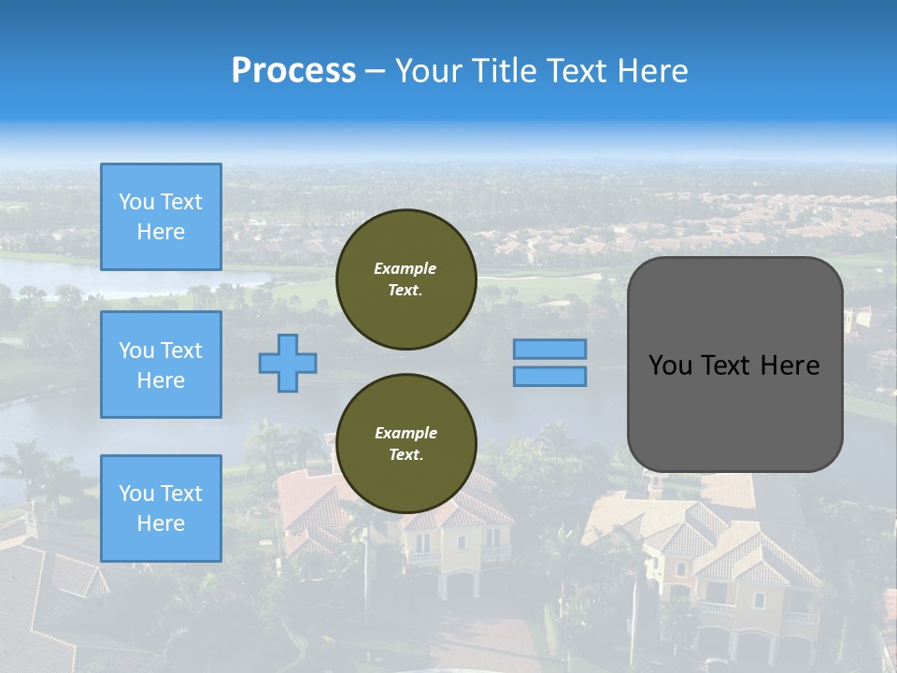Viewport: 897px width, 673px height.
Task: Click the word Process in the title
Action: pyautogui.click(x=293, y=71)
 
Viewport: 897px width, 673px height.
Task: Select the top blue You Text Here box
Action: pyautogui.click(x=161, y=217)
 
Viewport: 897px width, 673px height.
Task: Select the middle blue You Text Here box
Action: pyautogui.click(x=161, y=365)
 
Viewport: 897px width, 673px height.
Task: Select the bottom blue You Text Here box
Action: pyautogui.click(x=161, y=508)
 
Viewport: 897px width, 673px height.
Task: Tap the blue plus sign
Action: pyautogui.click(x=288, y=363)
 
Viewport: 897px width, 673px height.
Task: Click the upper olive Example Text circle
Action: pyautogui.click(x=406, y=279)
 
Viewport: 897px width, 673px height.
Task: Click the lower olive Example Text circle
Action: pyautogui.click(x=406, y=444)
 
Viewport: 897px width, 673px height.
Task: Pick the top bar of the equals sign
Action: pyautogui.click(x=549, y=349)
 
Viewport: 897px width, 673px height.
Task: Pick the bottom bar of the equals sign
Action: pyautogui.click(x=549, y=376)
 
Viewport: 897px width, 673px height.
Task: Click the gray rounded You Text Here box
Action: pyautogui.click(x=734, y=365)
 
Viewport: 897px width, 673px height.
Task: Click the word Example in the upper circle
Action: pyautogui.click(x=406, y=268)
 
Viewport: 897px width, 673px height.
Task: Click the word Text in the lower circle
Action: pyautogui.click(x=406, y=455)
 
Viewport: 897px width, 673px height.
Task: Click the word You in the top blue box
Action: pyautogui.click(x=136, y=202)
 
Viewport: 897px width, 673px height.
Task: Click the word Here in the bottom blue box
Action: pyautogui.click(x=161, y=523)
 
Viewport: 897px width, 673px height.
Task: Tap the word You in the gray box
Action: pyautogui.click(x=670, y=365)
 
